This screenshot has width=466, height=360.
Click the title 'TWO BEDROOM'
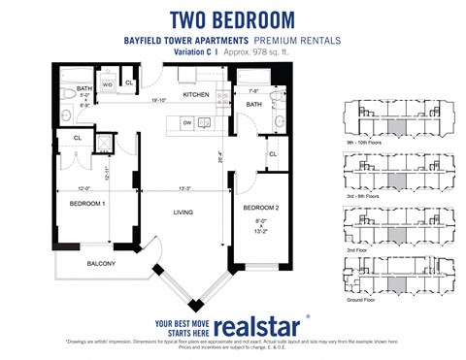(x=232, y=18)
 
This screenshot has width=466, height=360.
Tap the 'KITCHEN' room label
(x=197, y=95)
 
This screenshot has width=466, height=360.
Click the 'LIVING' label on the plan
(x=183, y=212)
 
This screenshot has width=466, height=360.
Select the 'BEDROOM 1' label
(x=85, y=205)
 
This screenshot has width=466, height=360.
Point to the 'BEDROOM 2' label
(x=261, y=208)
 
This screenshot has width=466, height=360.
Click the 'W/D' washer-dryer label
(x=108, y=84)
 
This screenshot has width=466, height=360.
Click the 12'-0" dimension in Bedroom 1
(x=83, y=189)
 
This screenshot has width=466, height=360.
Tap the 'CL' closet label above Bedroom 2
(x=274, y=154)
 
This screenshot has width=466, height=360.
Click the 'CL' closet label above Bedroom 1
(x=77, y=138)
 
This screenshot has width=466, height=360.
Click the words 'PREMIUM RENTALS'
(x=299, y=41)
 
